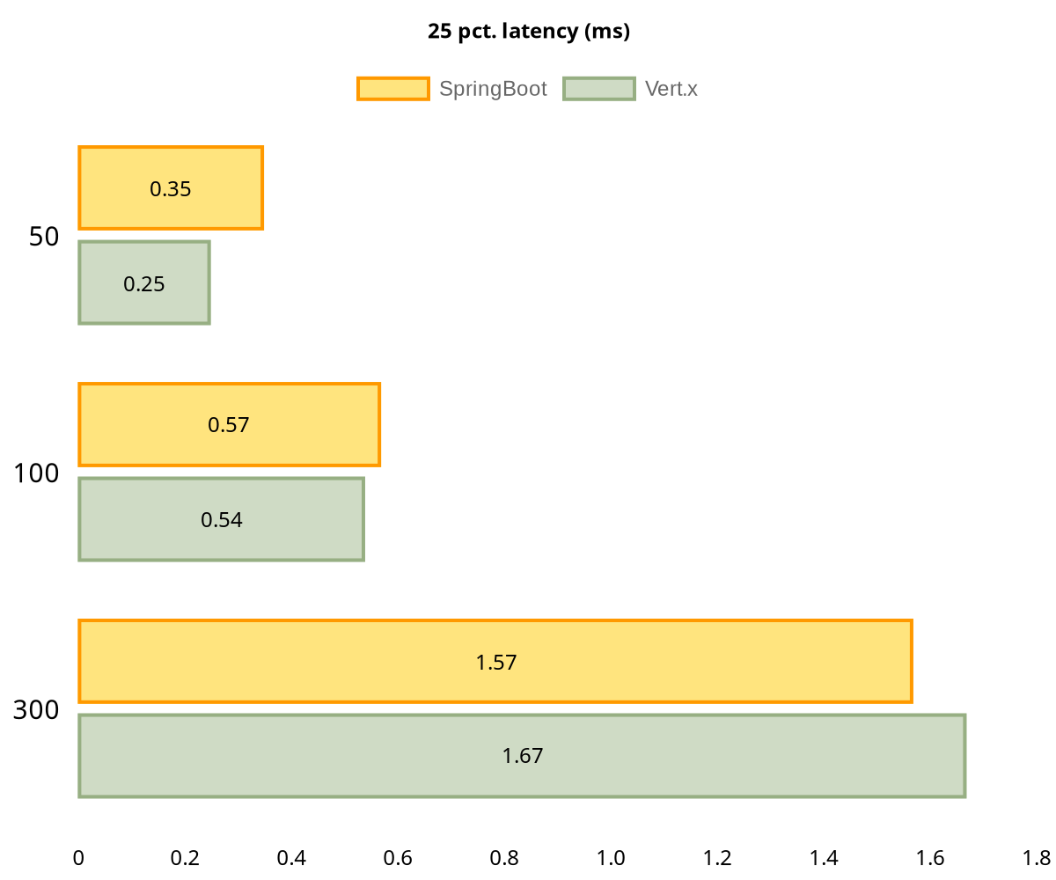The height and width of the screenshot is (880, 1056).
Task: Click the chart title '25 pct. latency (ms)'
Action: coord(529,32)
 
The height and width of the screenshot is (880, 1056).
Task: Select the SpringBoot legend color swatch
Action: coord(393,89)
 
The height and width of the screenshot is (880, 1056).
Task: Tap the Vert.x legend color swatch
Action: coord(598,89)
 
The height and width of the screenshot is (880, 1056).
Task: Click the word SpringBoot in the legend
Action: coord(493,89)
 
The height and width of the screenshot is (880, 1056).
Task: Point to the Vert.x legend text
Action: coord(671,89)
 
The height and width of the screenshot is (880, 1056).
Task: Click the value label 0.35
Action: coord(171,189)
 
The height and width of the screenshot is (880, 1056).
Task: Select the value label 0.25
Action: coord(144,284)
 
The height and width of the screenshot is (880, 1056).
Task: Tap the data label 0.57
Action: coord(229,425)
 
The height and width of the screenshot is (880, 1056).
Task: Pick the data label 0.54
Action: coord(222,520)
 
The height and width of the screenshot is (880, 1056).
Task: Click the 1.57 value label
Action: coord(496,663)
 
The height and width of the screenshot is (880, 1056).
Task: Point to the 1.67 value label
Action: coord(523,756)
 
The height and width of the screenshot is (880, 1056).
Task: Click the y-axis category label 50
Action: coord(44,237)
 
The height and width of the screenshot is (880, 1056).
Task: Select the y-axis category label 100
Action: coord(36,473)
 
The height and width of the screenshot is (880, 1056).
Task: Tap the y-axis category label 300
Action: coord(36,710)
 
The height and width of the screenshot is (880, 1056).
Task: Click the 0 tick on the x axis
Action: coord(78,858)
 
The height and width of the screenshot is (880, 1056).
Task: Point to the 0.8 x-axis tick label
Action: coord(504,858)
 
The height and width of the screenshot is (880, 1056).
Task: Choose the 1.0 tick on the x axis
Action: coord(611,858)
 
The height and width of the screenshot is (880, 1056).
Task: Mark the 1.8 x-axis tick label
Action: coord(1037,858)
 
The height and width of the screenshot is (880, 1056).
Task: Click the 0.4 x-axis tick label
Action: coord(291,858)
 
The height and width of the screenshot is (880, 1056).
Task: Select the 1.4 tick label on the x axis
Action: coord(824,858)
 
